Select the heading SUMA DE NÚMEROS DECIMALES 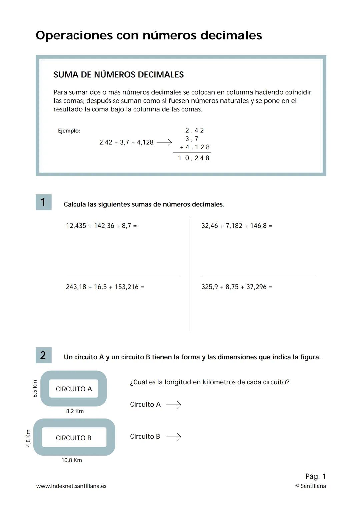pos(118,75)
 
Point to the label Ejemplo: pos(69,131)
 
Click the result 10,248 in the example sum pos(194,158)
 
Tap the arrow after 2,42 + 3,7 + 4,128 pos(164,143)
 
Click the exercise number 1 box pos(43,202)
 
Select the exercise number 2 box pos(43,355)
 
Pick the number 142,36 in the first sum pos(104,226)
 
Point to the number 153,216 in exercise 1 pos(126,287)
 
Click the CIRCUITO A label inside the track pos(74,389)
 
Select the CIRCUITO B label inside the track pos(74,438)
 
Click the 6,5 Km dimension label pos(35,389)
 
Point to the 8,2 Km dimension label pos(75,411)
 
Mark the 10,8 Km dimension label pos(72,460)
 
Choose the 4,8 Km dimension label pos(28,438)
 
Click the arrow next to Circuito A pos(173,405)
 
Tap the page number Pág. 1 pos(315,476)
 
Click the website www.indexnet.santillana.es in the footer pos(71,486)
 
